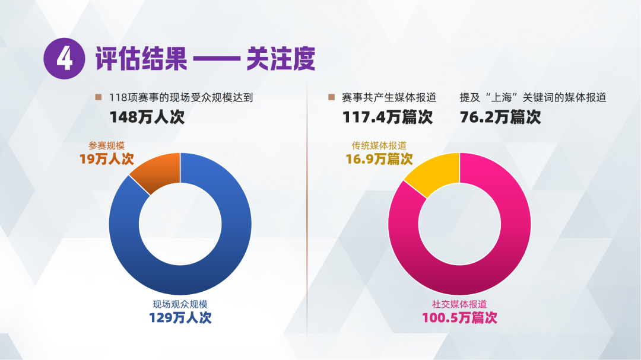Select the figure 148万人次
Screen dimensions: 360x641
(x=147, y=116)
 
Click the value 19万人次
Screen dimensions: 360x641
(x=107, y=159)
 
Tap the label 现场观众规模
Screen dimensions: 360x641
(x=180, y=304)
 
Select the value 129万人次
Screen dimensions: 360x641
(x=180, y=317)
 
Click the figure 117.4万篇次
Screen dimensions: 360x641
(x=388, y=116)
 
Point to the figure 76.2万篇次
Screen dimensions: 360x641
(x=500, y=116)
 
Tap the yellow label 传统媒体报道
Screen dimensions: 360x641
(x=379, y=146)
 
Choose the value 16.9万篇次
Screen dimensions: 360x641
(x=379, y=159)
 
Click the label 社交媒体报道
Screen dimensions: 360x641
(x=459, y=304)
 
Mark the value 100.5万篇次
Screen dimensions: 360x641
(x=459, y=317)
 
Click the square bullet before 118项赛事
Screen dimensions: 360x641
(x=98, y=97)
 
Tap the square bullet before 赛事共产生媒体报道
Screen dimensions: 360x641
(x=331, y=97)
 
